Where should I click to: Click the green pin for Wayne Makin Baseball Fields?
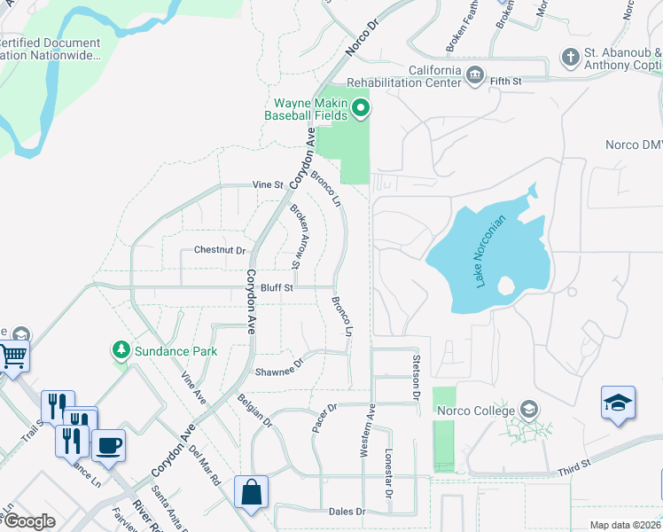360,110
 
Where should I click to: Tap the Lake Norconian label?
491,251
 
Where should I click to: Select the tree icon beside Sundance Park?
121,351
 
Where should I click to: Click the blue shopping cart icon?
13,356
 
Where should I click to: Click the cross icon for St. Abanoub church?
571,59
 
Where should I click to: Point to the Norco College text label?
474,411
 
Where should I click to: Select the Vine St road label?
267,185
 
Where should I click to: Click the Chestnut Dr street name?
219,251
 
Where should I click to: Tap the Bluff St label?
277,288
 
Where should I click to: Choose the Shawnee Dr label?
279,367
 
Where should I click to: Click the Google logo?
28,520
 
